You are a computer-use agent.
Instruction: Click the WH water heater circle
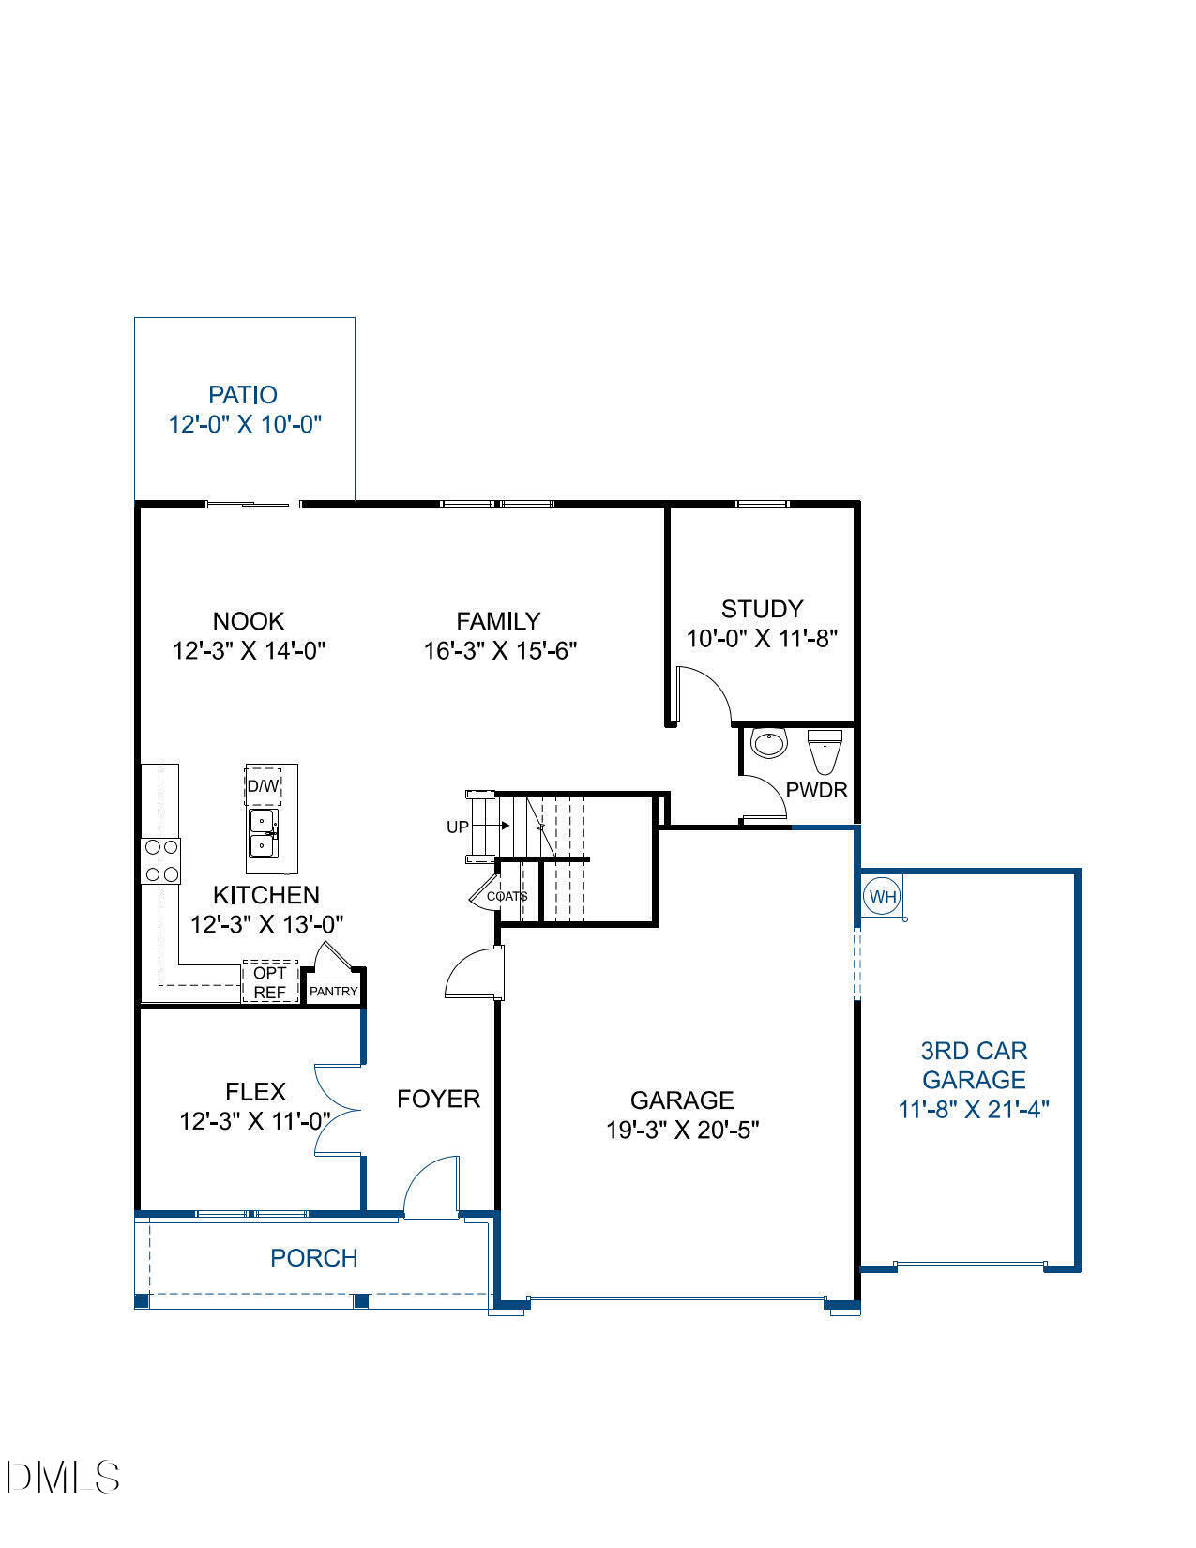click(883, 896)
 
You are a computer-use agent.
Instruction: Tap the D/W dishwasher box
click(264, 786)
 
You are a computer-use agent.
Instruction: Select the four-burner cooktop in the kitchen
click(161, 860)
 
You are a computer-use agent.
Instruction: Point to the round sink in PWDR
click(768, 743)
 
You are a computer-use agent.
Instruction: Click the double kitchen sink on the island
click(262, 834)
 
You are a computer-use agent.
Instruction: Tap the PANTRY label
click(333, 991)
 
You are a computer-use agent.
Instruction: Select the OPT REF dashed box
click(269, 982)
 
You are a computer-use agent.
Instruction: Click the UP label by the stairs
click(457, 827)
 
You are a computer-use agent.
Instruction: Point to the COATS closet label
click(507, 896)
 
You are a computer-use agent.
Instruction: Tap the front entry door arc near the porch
click(431, 1186)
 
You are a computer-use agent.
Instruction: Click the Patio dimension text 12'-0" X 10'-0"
click(245, 424)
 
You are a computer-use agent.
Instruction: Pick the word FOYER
click(438, 1099)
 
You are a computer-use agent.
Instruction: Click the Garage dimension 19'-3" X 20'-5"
click(682, 1130)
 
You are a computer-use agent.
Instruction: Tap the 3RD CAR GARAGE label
click(973, 1065)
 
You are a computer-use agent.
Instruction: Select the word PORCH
click(313, 1258)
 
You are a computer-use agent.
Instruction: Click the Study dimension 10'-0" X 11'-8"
click(761, 639)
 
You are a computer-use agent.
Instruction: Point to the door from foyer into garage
click(475, 975)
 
